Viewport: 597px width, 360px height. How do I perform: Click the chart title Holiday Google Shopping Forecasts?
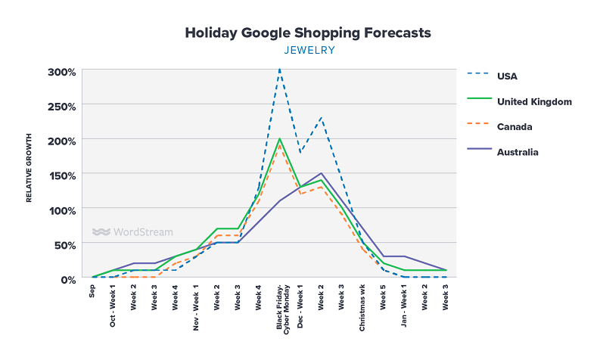pyautogui.click(x=308, y=33)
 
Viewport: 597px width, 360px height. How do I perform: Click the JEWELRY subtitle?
pyautogui.click(x=309, y=51)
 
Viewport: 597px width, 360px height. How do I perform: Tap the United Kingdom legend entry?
pyautogui.click(x=533, y=101)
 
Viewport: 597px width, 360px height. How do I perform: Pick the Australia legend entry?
pyautogui.click(x=518, y=152)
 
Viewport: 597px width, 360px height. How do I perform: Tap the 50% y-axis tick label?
pyautogui.click(x=64, y=244)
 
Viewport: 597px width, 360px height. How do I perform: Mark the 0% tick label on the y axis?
pyautogui.click(x=67, y=278)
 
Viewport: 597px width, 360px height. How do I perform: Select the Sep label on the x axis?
pyautogui.click(x=93, y=291)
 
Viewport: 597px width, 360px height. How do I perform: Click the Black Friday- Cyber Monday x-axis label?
pyautogui.click(x=281, y=306)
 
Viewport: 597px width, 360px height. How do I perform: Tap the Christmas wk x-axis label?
pyautogui.click(x=364, y=305)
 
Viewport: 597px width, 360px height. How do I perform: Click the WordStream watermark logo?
pyautogui.click(x=132, y=232)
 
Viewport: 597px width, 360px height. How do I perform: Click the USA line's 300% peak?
pyautogui.click(x=280, y=70)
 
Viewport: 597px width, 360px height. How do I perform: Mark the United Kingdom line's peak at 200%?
pyautogui.click(x=280, y=139)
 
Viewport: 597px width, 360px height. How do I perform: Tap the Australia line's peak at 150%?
pyautogui.click(x=322, y=173)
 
